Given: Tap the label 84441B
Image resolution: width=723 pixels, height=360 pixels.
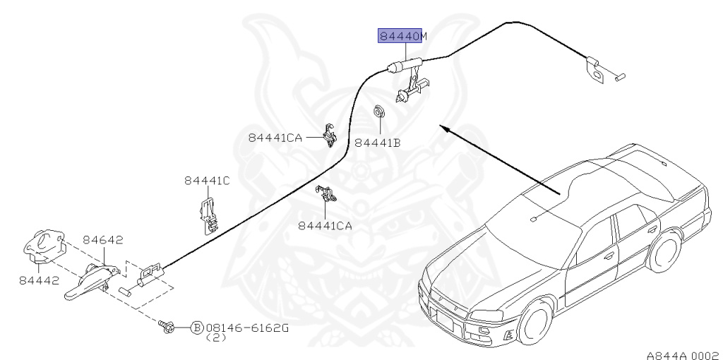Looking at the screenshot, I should point(377,142).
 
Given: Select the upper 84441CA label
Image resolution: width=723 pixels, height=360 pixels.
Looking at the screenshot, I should point(275,138).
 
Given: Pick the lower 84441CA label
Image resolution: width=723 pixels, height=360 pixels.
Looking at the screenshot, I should point(325,226).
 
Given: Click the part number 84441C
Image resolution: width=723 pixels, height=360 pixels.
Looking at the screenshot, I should point(208,181).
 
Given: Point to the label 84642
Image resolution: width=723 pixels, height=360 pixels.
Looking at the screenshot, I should point(103,240).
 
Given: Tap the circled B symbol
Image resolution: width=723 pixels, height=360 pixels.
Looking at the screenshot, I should point(197,328).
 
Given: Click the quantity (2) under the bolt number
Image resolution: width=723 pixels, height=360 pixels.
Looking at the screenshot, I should point(215,339).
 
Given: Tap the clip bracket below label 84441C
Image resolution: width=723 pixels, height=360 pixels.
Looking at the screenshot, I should point(208,215).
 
